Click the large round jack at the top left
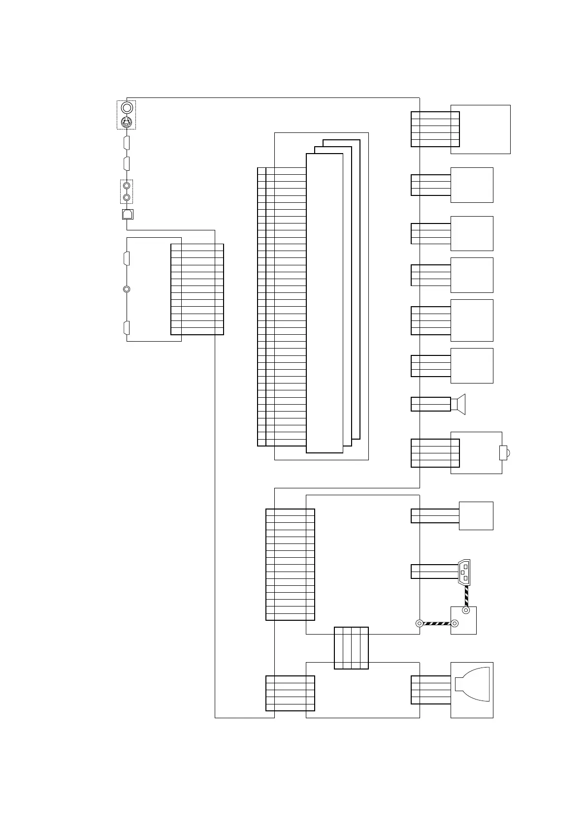point(127,107)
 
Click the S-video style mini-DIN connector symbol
point(127,122)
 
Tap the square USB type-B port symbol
point(127,214)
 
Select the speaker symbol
point(460,404)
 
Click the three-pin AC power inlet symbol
point(464,572)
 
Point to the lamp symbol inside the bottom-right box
point(472,684)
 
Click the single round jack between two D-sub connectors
point(127,289)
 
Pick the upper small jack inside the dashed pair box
point(127,186)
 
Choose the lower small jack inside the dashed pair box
point(127,197)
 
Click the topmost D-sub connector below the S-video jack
point(127,143)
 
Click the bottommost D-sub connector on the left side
point(127,328)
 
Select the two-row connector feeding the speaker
point(430,404)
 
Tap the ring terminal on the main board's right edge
point(420,624)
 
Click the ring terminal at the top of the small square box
point(466,610)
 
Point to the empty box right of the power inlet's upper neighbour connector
point(476,516)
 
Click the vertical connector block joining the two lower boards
point(351,648)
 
